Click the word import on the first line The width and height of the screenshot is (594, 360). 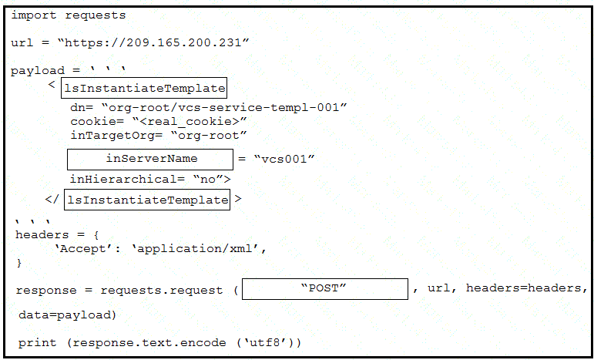(x=34, y=15)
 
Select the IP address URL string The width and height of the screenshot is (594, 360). (x=153, y=42)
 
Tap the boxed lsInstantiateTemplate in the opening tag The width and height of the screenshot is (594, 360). (x=144, y=89)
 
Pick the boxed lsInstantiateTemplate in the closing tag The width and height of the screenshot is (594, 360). (x=147, y=200)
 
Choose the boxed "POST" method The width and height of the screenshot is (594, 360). (x=325, y=289)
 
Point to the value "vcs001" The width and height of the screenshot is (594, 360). (x=284, y=159)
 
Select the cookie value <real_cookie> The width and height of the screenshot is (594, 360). (x=190, y=122)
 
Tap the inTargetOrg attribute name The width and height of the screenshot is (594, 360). (x=112, y=136)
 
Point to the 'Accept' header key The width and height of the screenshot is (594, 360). (x=82, y=248)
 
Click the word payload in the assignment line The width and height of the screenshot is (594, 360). (x=38, y=71)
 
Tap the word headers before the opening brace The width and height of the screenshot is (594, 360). (x=42, y=234)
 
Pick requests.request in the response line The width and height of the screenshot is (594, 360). (x=162, y=291)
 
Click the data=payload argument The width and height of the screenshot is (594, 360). (x=68, y=315)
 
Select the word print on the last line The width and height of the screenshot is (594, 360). (x=37, y=343)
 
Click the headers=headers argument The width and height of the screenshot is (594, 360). (x=524, y=288)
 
